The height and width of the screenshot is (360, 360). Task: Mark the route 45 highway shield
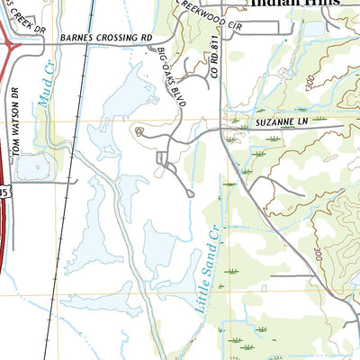click(4, 191)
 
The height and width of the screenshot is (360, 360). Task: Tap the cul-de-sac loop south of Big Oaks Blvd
click(189, 192)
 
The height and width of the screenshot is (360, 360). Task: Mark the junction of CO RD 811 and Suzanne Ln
click(221, 131)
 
